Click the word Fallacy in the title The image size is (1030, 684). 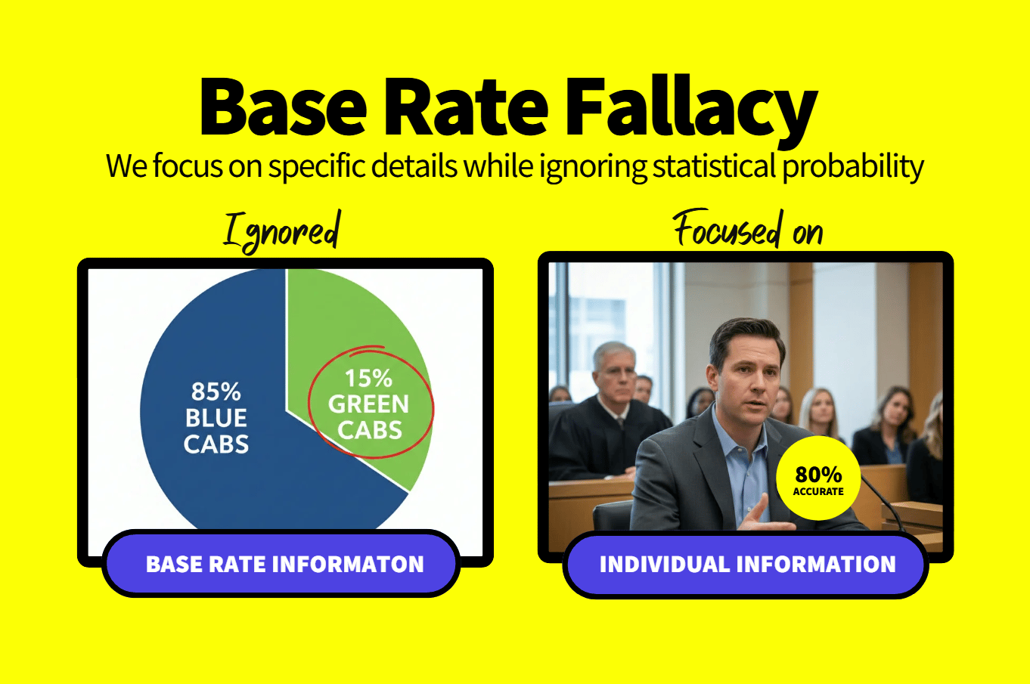(691, 110)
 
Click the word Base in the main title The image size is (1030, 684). (283, 107)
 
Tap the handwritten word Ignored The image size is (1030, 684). (282, 232)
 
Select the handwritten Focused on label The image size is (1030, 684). (748, 229)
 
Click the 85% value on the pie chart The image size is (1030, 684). (216, 392)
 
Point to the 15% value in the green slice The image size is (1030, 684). (368, 379)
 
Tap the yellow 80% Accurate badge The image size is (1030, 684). (818, 478)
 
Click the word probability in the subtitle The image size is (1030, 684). (852, 167)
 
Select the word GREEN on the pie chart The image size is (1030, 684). (368, 404)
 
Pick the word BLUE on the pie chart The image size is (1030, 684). (216, 418)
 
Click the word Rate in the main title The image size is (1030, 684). (466, 107)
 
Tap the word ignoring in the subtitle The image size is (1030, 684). (593, 167)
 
